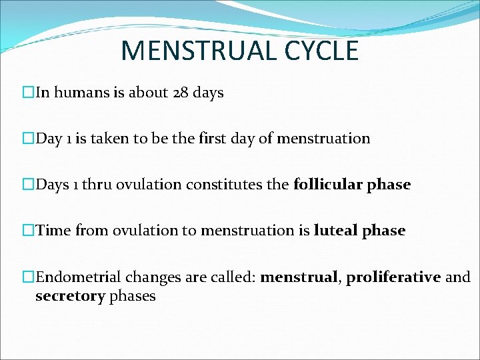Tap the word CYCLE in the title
point(323,51)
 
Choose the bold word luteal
point(335,231)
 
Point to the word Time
point(53,231)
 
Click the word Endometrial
point(75,277)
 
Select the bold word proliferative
point(393,277)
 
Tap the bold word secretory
point(70,296)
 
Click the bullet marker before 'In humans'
point(28,93)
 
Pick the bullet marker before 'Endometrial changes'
point(28,277)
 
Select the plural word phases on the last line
point(133,296)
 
